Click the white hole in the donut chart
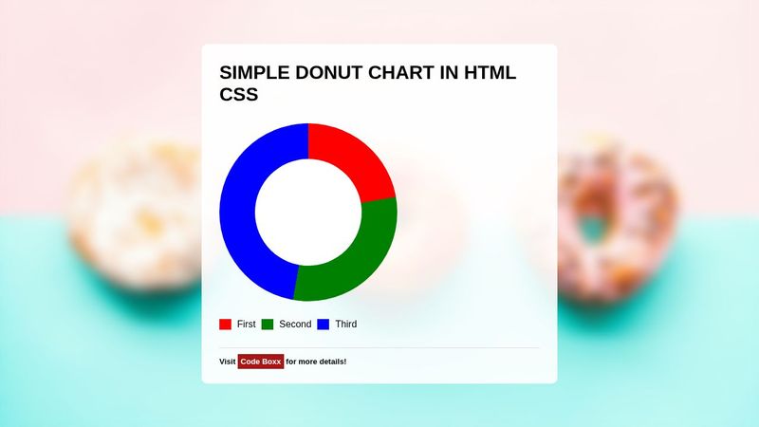point(308,213)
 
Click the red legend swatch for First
point(225,325)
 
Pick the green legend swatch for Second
point(268,325)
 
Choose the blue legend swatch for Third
point(323,325)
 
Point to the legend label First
point(247,325)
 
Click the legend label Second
point(295,325)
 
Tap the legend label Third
point(346,325)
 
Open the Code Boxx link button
point(261,362)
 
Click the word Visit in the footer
point(228,362)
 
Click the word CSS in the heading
point(239,95)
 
